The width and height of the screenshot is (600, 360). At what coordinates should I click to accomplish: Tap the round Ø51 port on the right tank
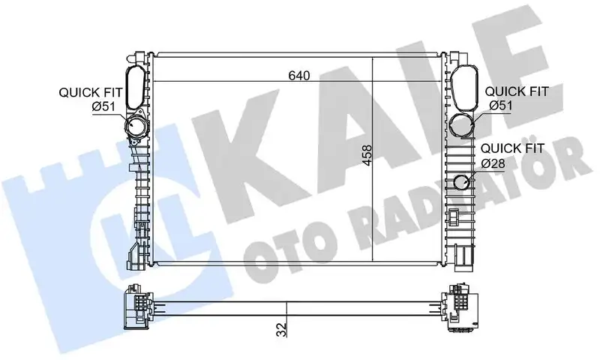point(463,124)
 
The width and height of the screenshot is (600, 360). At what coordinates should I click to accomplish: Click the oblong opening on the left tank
point(136,86)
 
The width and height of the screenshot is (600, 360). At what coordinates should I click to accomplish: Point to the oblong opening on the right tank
point(463,85)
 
